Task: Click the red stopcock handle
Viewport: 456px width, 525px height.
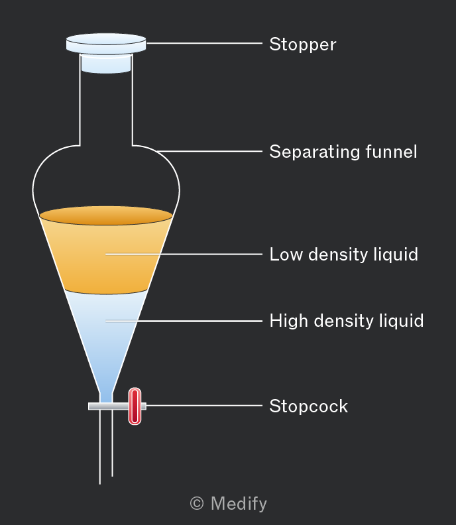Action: (x=135, y=406)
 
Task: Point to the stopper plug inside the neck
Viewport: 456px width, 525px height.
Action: (x=106, y=64)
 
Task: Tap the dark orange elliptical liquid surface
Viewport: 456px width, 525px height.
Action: (x=106, y=215)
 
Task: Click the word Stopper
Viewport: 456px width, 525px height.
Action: (x=303, y=44)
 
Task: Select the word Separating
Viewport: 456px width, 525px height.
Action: (x=315, y=152)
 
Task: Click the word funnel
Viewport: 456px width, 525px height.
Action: (x=392, y=151)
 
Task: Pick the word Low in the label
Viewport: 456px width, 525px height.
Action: (x=286, y=255)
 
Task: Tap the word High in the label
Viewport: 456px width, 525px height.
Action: (x=288, y=321)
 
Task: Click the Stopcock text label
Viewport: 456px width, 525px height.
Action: (x=309, y=406)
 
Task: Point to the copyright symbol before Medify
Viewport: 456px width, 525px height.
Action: (x=197, y=503)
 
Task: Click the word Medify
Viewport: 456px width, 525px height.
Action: (x=239, y=503)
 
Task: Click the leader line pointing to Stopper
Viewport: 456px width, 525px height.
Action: (x=204, y=43)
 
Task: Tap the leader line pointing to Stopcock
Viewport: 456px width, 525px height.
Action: (x=204, y=406)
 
